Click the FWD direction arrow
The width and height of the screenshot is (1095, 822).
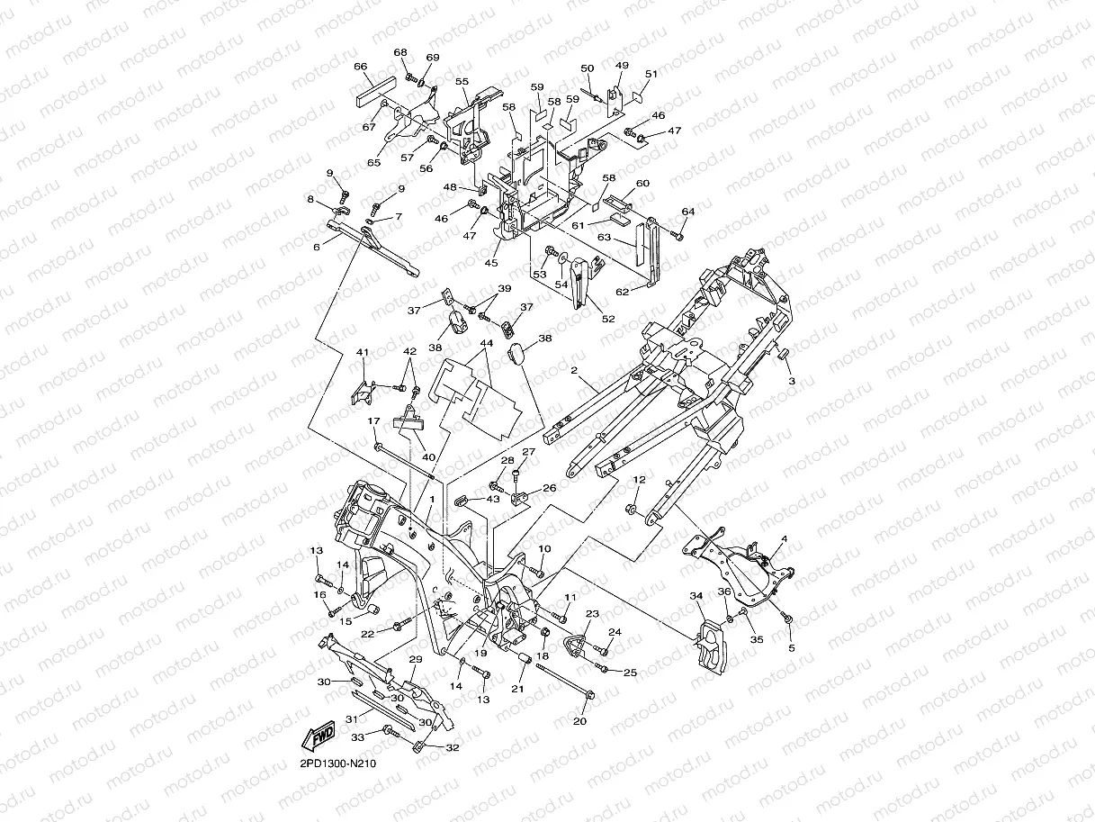coord(319,736)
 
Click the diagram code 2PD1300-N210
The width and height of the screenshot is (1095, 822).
coord(337,763)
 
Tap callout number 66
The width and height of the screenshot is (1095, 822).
coord(360,67)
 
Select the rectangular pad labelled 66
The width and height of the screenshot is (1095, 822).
coord(375,93)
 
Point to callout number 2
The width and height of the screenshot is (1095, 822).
coord(574,370)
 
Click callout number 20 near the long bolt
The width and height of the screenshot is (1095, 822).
coord(579,721)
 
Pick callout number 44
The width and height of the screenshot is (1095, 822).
coord(487,343)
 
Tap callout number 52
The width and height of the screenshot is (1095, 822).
coord(608,319)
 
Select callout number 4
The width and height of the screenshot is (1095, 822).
coord(785,539)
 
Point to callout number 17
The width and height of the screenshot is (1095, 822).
coord(373,421)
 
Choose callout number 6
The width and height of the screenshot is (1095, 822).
coord(317,247)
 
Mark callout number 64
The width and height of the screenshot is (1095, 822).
coord(688,212)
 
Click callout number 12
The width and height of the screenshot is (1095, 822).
coord(639,480)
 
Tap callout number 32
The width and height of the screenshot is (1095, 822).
coord(453,747)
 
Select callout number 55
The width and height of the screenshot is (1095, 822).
coord(462,81)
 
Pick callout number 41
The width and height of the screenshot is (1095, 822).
coord(363,352)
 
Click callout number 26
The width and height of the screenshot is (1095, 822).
coord(549,488)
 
